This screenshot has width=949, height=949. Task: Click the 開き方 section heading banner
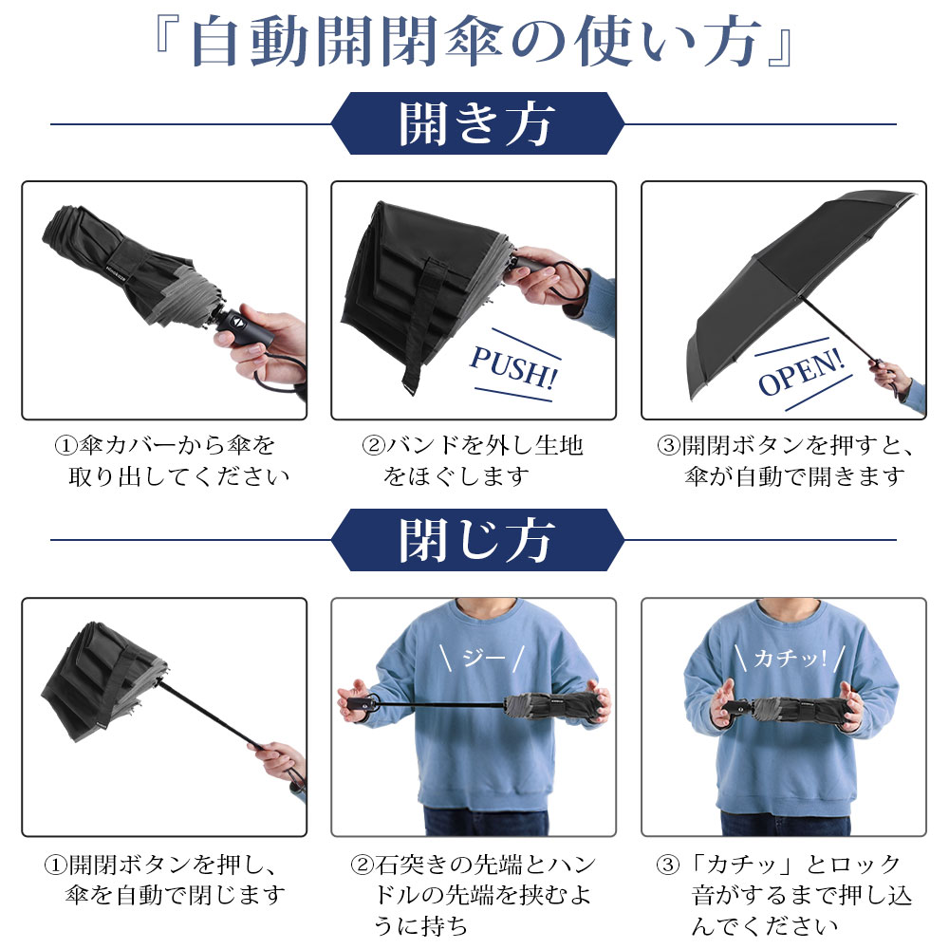[x=477, y=123]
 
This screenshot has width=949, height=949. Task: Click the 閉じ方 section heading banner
[x=477, y=540]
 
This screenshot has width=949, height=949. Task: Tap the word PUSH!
[x=513, y=366]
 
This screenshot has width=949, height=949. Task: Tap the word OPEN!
[x=801, y=372]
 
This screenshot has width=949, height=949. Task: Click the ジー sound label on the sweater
[x=482, y=658]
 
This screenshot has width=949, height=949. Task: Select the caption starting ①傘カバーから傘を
[x=172, y=461]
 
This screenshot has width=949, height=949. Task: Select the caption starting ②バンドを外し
[x=472, y=461]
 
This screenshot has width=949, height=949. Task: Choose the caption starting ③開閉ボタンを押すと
[x=786, y=461]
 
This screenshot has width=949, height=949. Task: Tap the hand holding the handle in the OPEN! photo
[x=890, y=375]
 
